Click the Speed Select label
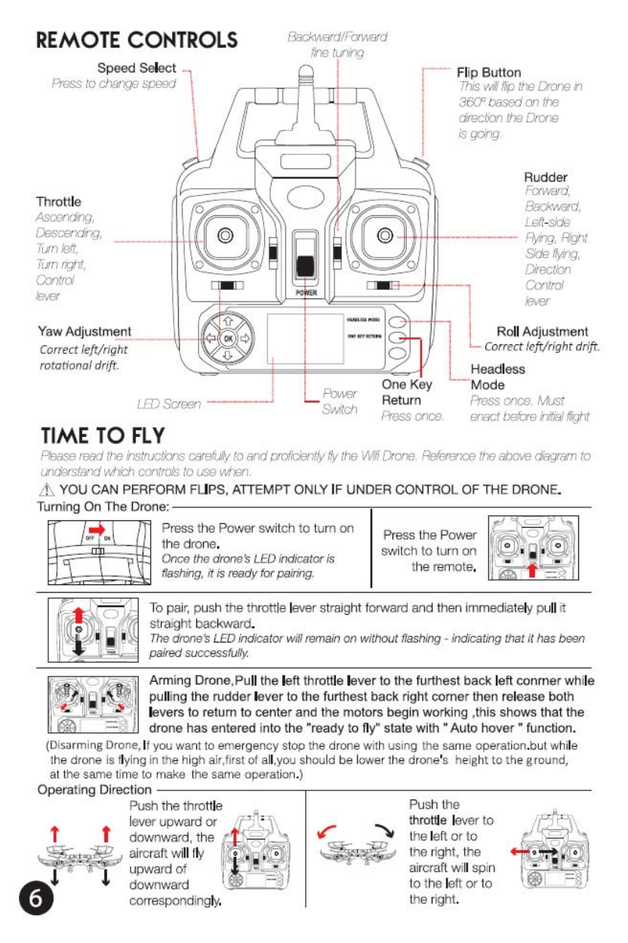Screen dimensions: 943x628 click(x=137, y=68)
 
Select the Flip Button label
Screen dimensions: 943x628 click(x=488, y=72)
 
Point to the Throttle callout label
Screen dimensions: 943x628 click(x=58, y=202)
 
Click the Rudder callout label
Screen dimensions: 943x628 click(x=546, y=177)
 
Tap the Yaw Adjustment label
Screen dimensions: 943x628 click(x=85, y=331)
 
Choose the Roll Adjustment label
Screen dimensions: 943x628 click(x=542, y=331)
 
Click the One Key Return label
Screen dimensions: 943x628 click(x=406, y=393)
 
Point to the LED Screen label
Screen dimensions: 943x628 click(x=169, y=404)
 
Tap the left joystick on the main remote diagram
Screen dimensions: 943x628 click(x=223, y=237)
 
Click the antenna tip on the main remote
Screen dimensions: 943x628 click(x=304, y=72)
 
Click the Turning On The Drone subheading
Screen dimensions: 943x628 click(x=104, y=506)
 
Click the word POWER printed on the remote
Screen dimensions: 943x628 click(x=305, y=292)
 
